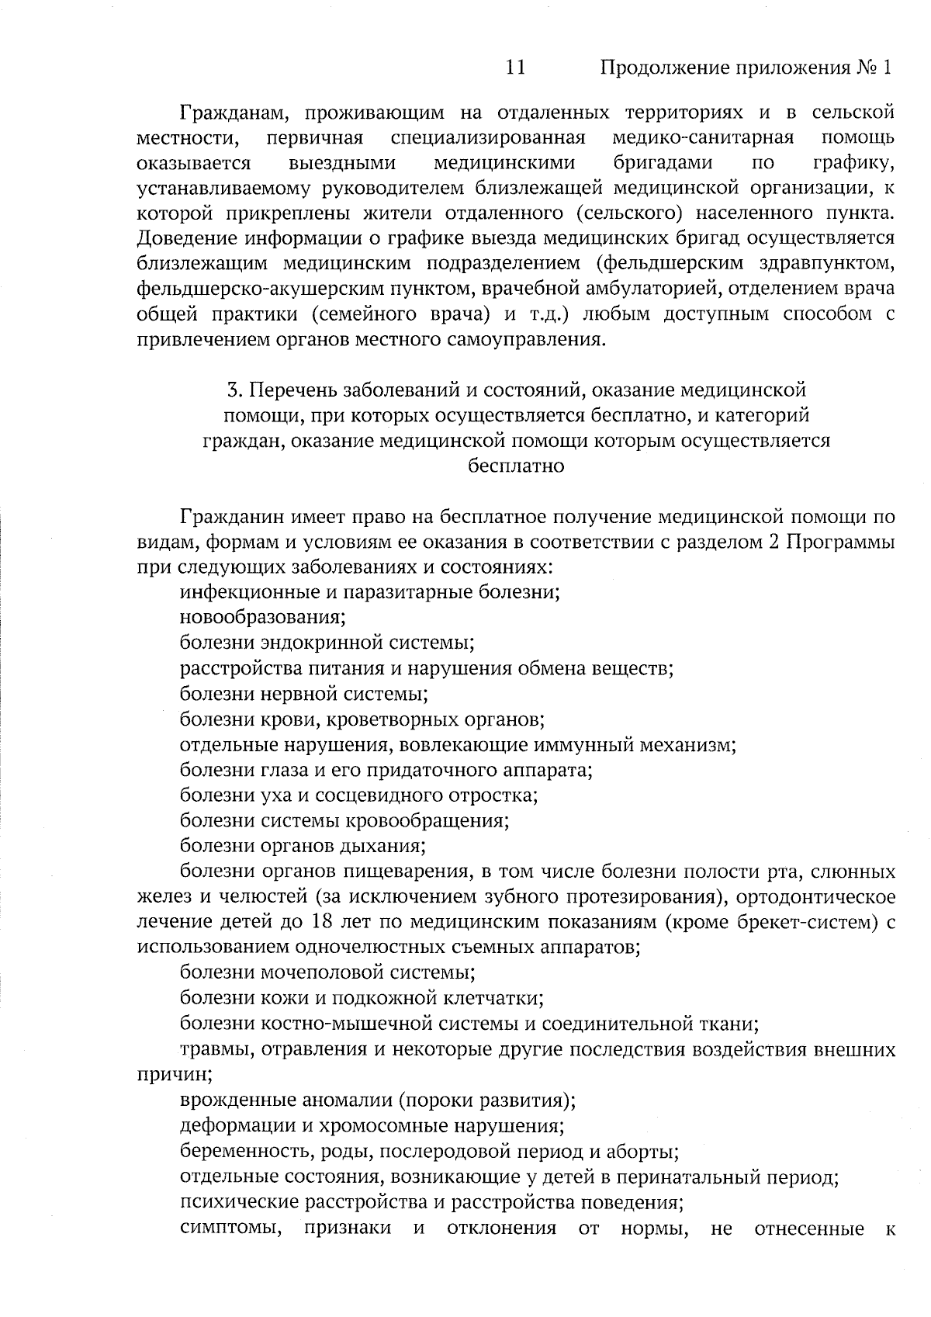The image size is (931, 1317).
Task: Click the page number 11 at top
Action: coord(515,68)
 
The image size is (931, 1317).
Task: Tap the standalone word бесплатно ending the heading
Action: coord(516,466)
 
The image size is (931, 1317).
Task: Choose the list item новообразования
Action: coord(262,618)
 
